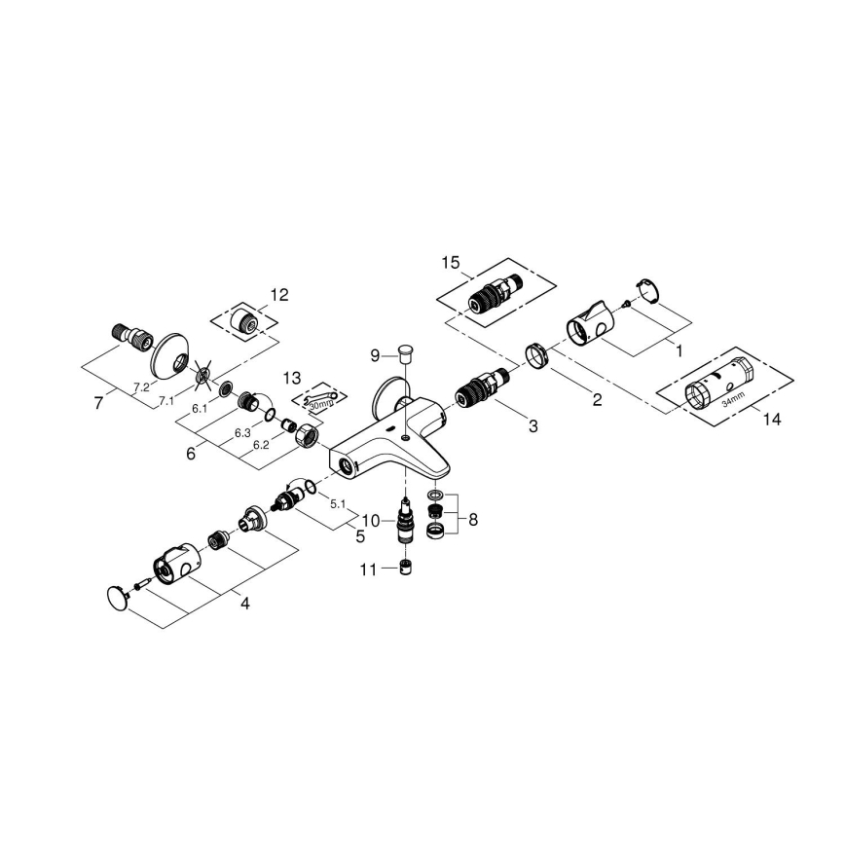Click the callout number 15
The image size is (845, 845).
coord(450,263)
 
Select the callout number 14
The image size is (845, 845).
coord(771,421)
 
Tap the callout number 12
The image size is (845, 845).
coord(279,294)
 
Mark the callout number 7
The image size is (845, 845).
coord(98,401)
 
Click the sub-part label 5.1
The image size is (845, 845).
coord(339,503)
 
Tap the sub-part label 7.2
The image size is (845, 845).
coord(141,387)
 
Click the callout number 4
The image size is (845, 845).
coord(244,604)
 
